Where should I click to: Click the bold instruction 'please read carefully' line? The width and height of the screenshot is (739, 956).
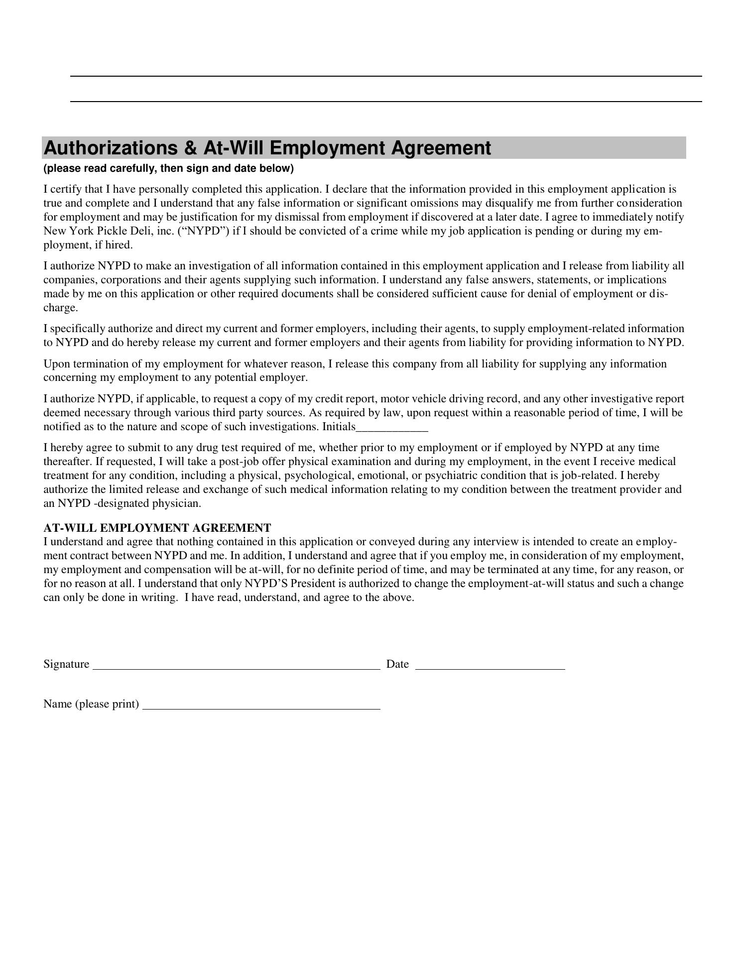click(x=168, y=168)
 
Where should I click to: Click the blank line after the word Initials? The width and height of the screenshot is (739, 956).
click(x=392, y=428)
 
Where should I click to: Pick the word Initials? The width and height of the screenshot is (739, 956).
click(x=339, y=427)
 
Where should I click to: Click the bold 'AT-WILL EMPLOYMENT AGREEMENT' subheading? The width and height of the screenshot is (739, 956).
click(x=157, y=528)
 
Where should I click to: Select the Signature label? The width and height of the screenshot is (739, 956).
click(x=66, y=664)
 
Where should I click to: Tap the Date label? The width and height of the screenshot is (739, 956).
click(x=397, y=664)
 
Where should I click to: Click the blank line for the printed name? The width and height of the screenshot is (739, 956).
click(x=261, y=708)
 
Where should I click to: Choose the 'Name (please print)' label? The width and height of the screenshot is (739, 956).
click(x=91, y=704)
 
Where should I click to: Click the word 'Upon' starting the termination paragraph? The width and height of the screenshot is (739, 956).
click(x=55, y=364)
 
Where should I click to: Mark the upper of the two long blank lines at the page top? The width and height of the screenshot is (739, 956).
click(x=386, y=76)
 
